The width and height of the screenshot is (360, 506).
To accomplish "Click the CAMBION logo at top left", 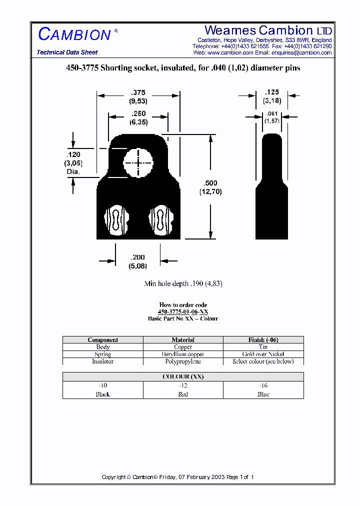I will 74,34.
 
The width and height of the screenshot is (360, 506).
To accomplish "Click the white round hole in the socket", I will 138,163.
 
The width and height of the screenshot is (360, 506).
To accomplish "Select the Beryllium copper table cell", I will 183,354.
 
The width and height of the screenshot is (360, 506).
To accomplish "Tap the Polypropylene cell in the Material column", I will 183,361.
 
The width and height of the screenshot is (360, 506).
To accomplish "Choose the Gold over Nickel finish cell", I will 263,354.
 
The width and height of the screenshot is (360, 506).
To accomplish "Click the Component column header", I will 103,340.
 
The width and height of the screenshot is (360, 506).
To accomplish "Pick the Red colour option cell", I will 183,390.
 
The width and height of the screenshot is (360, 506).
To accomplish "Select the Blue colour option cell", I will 263,390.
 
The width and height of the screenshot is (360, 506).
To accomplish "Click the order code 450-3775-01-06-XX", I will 183,311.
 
